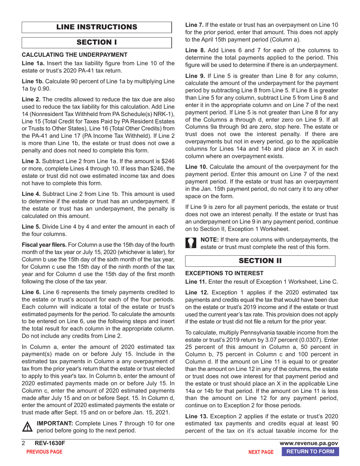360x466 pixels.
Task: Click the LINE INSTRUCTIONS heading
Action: tap(97, 27)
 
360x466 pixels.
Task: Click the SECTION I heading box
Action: tap(97, 42)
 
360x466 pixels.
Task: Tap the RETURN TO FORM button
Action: tap(310, 452)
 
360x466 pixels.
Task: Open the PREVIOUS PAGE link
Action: tap(44, 452)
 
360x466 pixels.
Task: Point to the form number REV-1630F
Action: tap(47, 444)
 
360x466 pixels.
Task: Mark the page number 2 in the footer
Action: tap(23, 444)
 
